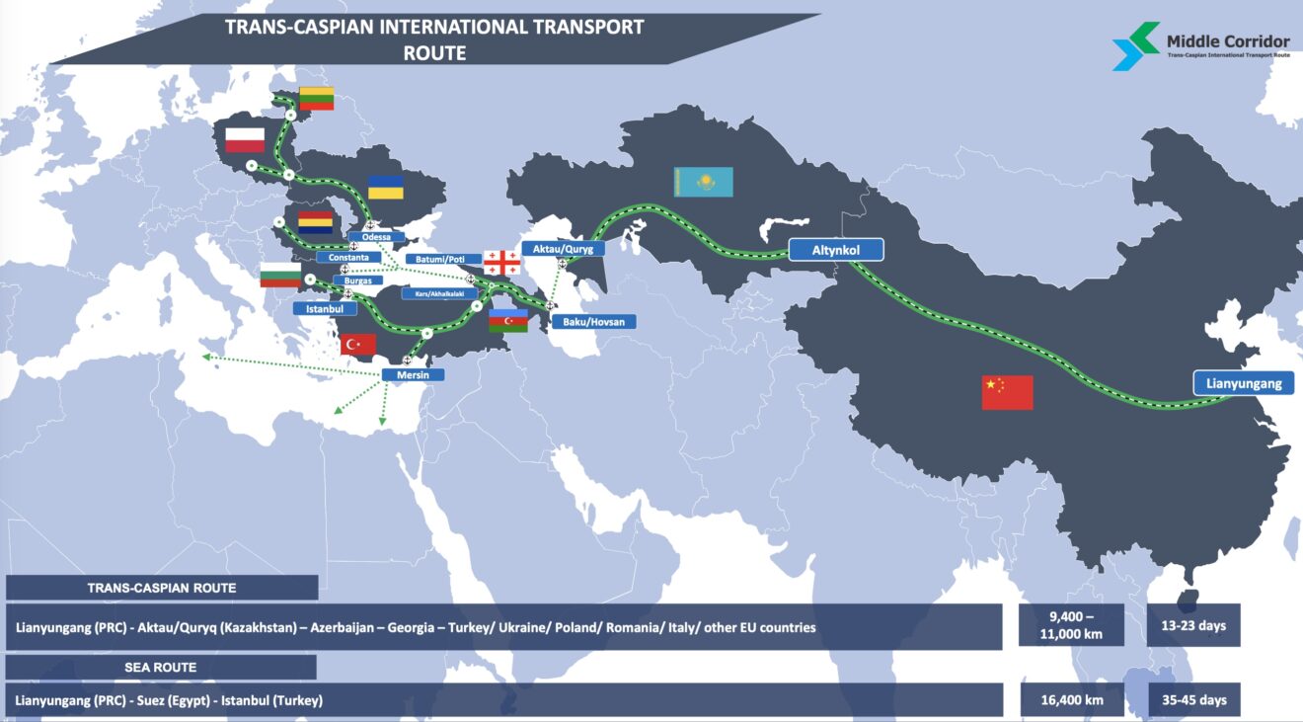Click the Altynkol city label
835,250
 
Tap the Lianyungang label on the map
1243,383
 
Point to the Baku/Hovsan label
593,322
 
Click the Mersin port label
413,375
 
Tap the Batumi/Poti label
443,259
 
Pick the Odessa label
376,238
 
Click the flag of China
1007,392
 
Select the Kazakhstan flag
703,181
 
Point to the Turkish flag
357,344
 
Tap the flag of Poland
245,140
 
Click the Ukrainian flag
386,187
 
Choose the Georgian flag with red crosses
501,263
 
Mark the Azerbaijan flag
508,321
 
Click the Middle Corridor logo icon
1135,46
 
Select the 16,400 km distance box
1071,700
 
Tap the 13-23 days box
1193,625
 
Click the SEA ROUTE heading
161,668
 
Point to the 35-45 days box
1193,700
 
